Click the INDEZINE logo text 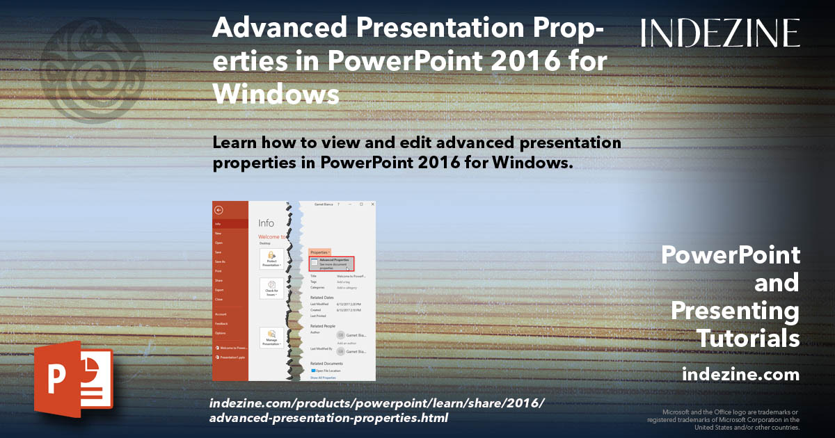pyautogui.click(x=720, y=33)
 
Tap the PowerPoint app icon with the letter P pyautogui.click(x=73, y=379)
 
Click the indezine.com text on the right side pyautogui.click(x=740, y=374)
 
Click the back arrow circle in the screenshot pyautogui.click(x=218, y=209)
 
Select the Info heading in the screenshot pyautogui.click(x=266, y=223)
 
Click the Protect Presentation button pyautogui.click(x=271, y=259)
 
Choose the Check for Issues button pyautogui.click(x=271, y=288)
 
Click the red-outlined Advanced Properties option pyautogui.click(x=332, y=263)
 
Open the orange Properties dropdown pyautogui.click(x=320, y=252)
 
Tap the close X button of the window pyautogui.click(x=372, y=204)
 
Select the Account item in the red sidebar pyautogui.click(x=221, y=314)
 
